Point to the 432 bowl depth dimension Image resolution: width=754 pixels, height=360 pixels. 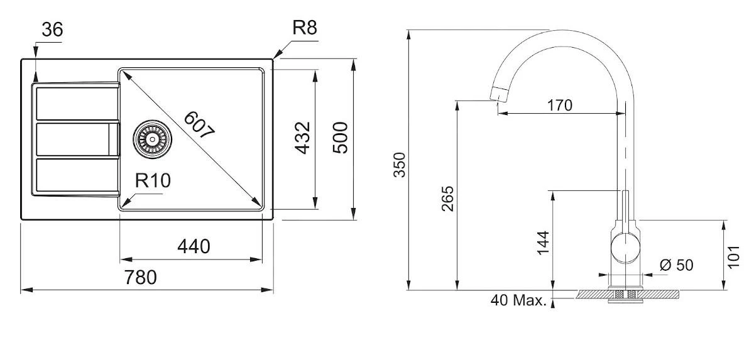pos(302,139)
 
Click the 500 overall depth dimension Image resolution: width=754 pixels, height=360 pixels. pos(340,139)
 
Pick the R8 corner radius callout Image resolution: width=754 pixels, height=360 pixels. pos(305,28)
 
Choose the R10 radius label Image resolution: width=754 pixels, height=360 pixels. pos(153,182)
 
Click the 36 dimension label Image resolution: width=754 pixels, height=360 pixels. pos(52,30)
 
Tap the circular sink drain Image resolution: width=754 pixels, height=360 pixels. pos(151,138)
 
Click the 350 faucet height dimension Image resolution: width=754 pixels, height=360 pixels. pos(400,165)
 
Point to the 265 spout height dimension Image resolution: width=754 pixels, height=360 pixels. pos(447,198)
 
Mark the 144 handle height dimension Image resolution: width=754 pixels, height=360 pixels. pos(544,243)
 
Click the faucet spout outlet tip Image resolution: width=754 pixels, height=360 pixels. pos(496,95)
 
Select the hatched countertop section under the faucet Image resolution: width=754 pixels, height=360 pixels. pos(660,294)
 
